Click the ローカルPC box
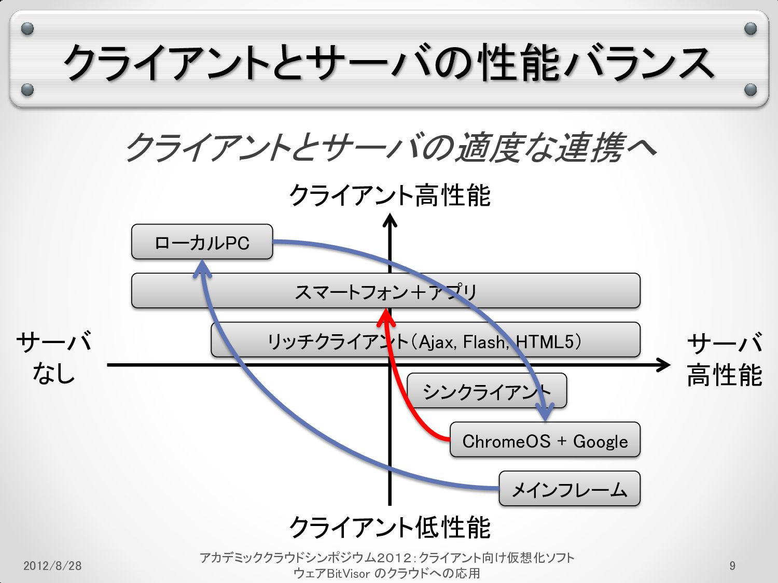[202, 242]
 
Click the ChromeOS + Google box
[545, 440]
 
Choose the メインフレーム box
[569, 489]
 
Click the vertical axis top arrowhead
[390, 221]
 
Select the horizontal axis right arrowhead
[664, 365]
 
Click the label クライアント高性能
[390, 196]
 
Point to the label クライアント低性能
[390, 528]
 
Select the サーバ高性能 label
[724, 359]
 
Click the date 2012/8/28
[52, 565]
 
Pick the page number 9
[732, 565]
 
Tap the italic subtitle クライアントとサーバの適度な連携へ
[390, 147]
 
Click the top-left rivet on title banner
[27, 29]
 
